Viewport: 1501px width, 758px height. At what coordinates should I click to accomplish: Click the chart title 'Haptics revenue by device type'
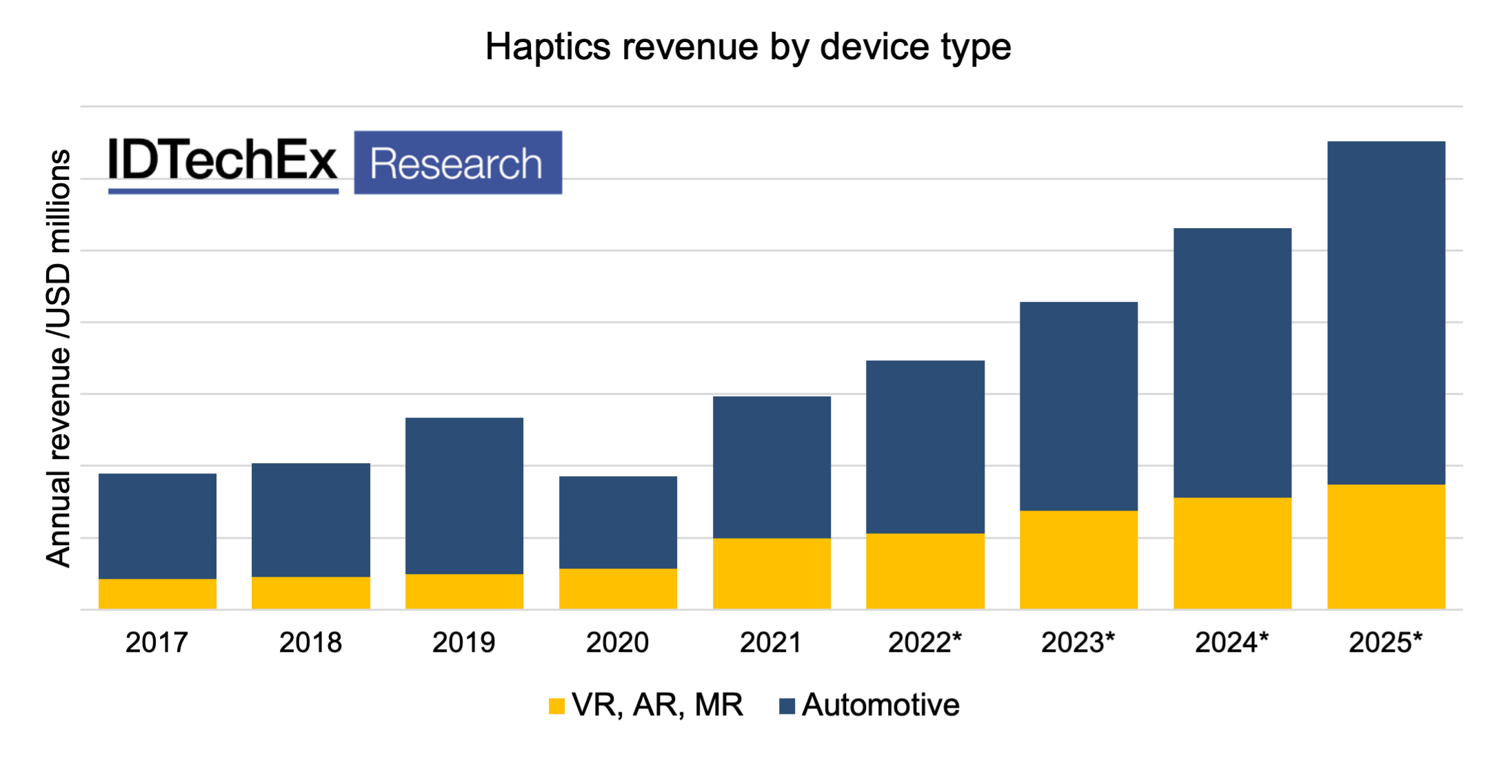[748, 47]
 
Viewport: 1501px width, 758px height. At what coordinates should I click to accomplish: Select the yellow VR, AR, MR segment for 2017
[157, 593]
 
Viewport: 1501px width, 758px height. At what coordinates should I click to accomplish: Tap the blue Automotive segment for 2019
[464, 495]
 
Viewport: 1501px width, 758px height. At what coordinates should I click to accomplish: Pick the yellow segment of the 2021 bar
[772, 573]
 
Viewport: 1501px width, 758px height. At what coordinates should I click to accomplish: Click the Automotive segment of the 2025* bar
[1386, 313]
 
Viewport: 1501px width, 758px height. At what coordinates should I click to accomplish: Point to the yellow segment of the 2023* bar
[1078, 560]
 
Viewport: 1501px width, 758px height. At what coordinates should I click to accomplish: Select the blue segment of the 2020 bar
[618, 522]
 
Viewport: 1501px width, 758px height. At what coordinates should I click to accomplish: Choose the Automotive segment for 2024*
[1232, 362]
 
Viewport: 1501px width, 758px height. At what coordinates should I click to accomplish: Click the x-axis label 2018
[310, 642]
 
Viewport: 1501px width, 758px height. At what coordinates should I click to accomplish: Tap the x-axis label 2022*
[925, 642]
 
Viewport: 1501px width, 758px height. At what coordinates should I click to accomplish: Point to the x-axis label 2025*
[1385, 642]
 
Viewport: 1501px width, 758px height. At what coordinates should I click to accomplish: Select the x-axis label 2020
[617, 642]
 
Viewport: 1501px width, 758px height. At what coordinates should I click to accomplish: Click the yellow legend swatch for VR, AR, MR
[556, 706]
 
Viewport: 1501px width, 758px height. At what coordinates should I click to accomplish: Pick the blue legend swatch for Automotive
[787, 706]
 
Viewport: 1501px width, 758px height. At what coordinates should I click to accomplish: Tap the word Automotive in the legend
[880, 705]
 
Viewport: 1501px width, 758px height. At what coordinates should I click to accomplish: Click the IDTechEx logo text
[223, 162]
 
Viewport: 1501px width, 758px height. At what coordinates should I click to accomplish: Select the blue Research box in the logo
[458, 163]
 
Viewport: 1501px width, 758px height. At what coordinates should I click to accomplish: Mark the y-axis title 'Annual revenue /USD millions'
[59, 358]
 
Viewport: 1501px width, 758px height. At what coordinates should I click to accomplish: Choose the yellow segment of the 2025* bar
[1386, 546]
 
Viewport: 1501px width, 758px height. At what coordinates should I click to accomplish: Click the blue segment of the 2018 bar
[310, 520]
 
